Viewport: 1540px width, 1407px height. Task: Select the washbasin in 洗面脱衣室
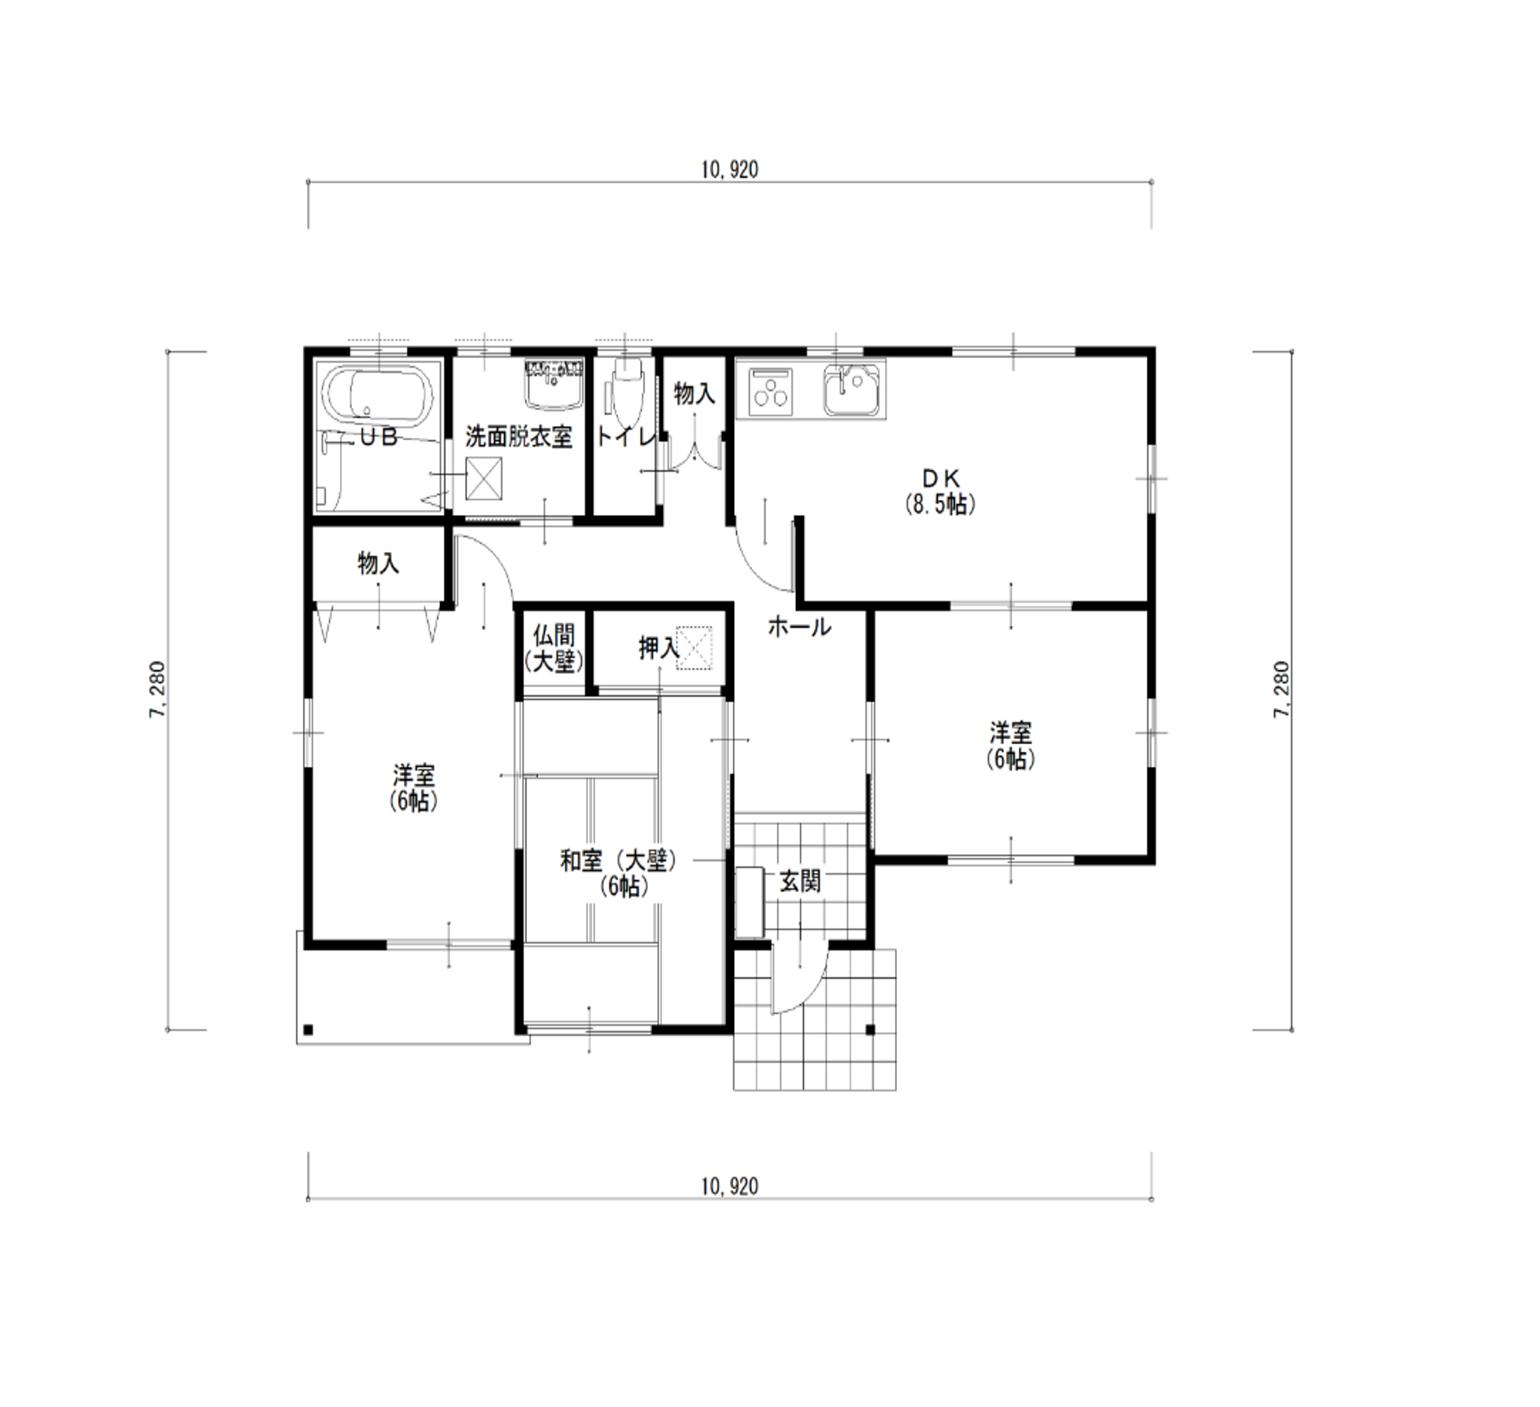554,384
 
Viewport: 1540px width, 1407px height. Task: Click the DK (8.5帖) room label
940,491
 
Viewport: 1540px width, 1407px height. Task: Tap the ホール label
799,628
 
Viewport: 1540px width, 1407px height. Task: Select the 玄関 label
800,882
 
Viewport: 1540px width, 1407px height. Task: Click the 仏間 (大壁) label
554,649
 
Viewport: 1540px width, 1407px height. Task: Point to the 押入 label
658,648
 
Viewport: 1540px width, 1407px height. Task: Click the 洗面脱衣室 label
518,437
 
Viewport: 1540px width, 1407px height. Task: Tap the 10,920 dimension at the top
730,170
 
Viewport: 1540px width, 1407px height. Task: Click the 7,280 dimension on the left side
157,689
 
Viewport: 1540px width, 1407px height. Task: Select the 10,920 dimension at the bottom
730,1187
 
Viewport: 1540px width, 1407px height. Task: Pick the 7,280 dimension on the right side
1282,689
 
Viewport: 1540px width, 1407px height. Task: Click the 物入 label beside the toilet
694,394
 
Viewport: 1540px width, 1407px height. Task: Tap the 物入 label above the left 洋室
379,563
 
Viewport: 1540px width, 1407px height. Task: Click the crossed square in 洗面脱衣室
483,479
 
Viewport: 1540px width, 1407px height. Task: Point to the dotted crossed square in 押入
694,648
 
